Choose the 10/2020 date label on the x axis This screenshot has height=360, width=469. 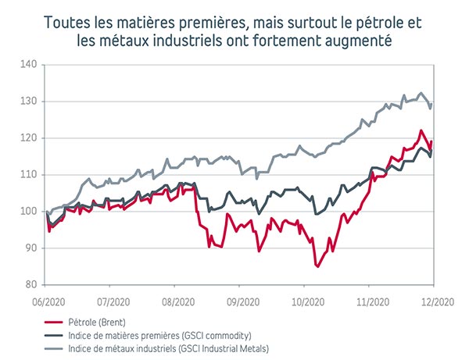coord(307,299)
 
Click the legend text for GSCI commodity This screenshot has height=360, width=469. coord(157,333)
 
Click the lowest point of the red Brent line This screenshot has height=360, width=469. coord(318,266)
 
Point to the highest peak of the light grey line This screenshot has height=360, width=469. coord(421,92)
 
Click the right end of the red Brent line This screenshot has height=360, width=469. coord(431,141)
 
